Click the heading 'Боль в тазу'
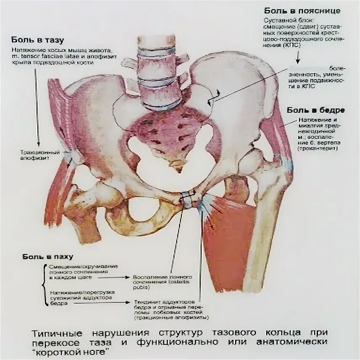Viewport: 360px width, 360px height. pos(37,40)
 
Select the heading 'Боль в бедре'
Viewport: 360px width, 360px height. pos(316,110)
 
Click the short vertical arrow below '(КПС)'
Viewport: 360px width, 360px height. pos(298,56)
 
